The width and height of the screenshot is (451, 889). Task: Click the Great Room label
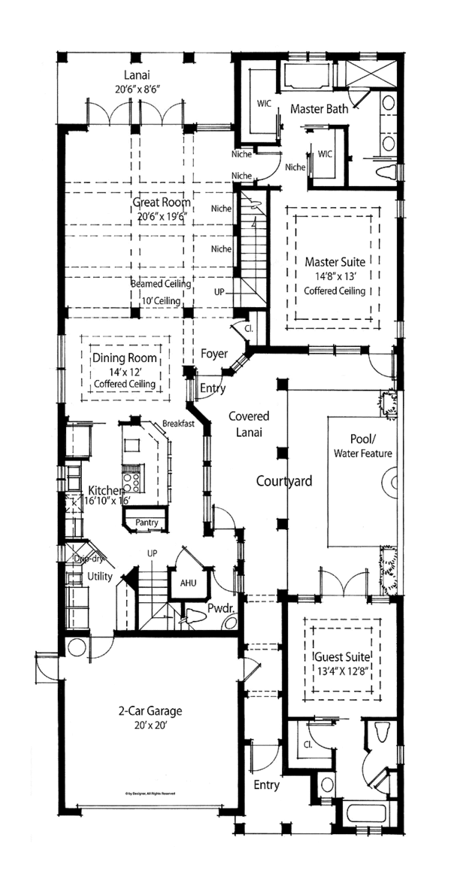tap(162, 202)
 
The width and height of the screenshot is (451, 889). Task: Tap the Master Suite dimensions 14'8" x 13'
tap(334, 276)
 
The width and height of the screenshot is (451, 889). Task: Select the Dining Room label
tap(124, 358)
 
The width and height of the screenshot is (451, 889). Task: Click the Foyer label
tap(214, 353)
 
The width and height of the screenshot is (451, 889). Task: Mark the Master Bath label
tap(319, 109)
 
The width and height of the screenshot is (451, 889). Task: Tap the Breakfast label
tap(178, 424)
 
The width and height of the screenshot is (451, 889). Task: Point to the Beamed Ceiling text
tap(161, 285)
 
